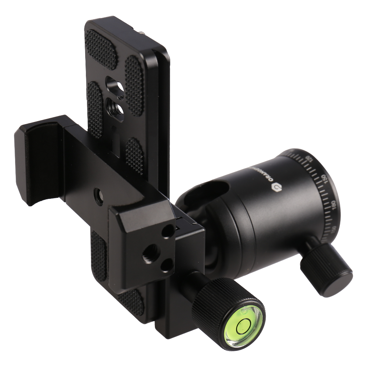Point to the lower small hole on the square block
(166, 264)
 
